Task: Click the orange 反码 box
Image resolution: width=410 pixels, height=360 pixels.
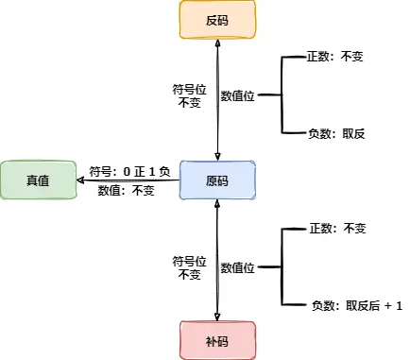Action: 217,20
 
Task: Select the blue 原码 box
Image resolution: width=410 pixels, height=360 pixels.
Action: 217,180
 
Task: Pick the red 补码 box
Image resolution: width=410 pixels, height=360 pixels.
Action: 217,339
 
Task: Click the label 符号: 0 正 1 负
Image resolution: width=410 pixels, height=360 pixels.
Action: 129,172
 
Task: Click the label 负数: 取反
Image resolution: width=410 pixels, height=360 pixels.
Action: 336,133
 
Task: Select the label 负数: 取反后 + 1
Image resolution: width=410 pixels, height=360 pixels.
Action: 356,305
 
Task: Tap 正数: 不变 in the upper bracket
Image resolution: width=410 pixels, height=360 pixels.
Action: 336,57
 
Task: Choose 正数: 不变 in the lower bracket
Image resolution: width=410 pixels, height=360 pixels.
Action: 336,229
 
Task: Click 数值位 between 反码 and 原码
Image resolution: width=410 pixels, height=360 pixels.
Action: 238,95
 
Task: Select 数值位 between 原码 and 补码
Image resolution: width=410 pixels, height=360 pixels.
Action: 238,268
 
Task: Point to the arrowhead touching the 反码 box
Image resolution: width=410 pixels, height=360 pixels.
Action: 218,43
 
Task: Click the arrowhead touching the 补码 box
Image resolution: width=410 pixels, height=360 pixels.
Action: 218,316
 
